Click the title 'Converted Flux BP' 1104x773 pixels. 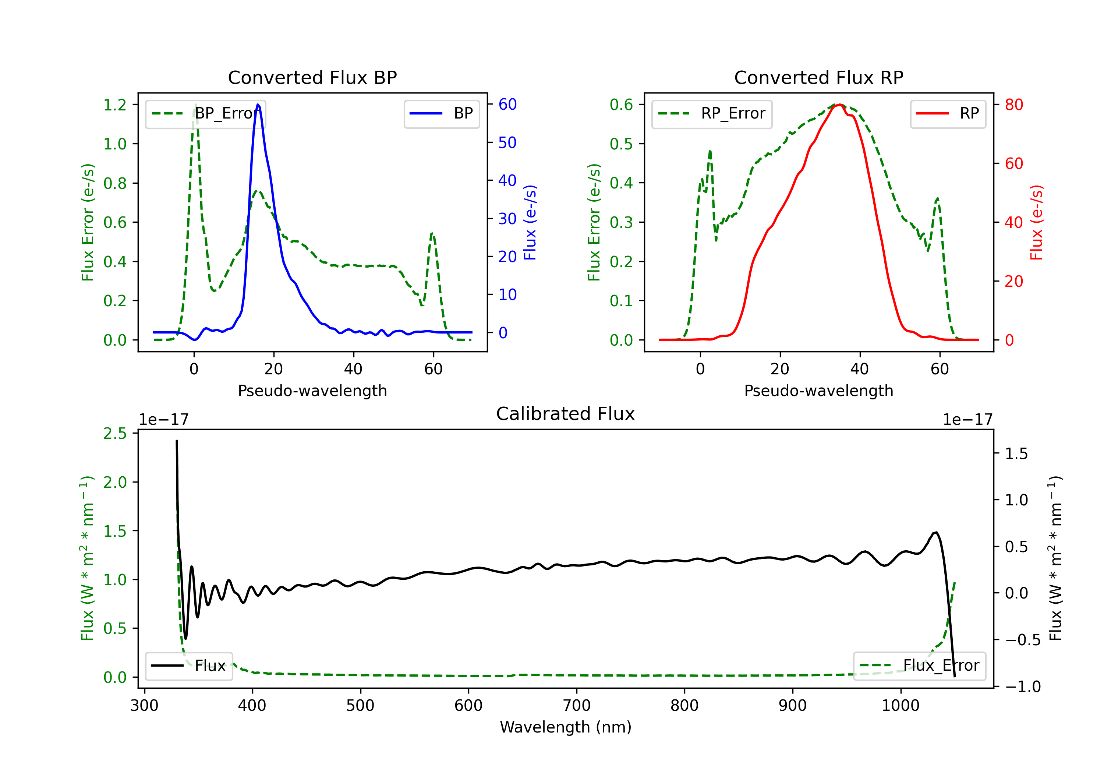click(312, 77)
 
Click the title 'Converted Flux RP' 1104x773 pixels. click(818, 77)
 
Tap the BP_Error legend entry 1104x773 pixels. click(205, 113)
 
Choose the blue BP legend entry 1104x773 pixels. click(441, 113)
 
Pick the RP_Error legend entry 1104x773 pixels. click(712, 113)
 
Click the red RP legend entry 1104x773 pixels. click(948, 113)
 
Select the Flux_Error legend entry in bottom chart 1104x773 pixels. click(919, 666)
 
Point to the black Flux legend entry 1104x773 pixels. click(189, 666)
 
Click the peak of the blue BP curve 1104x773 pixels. click(258, 105)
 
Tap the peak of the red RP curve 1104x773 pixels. click(839, 105)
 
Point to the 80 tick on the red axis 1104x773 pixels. click(1013, 105)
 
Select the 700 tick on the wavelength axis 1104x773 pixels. click(577, 705)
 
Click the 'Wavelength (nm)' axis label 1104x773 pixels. click(566, 727)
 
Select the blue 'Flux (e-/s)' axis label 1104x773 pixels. click(530, 222)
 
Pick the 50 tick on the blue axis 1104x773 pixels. click(507, 143)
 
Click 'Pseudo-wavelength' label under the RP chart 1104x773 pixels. click(818, 391)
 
